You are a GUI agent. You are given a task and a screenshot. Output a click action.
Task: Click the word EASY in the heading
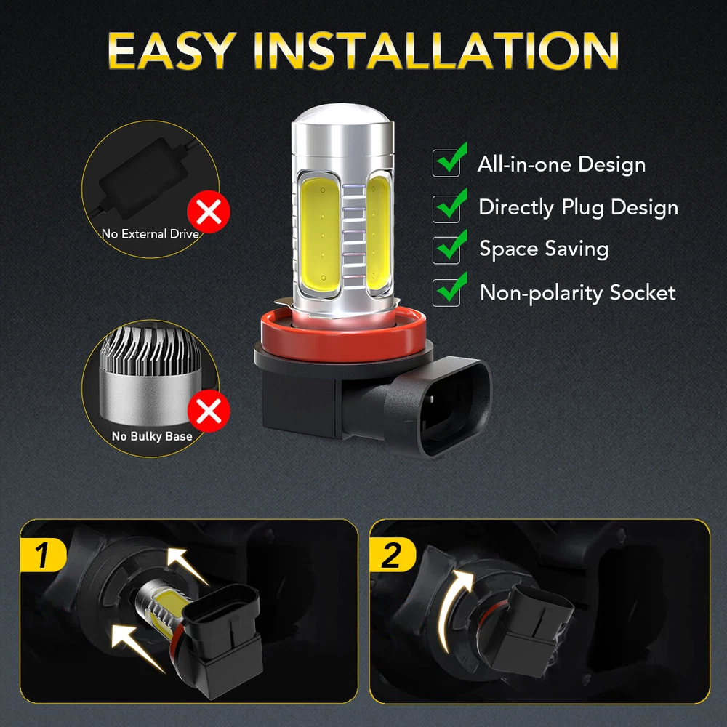click(x=172, y=51)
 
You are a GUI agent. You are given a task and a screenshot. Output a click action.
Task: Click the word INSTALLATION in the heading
click(x=435, y=51)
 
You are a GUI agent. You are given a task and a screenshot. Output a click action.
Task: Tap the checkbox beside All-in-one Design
click(x=446, y=163)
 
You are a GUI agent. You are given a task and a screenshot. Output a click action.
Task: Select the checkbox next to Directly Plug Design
click(x=446, y=209)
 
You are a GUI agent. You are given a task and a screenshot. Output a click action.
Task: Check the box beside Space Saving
click(x=446, y=250)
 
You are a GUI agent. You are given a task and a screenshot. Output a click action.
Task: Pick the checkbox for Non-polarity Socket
click(x=446, y=292)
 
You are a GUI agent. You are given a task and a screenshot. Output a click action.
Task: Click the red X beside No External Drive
click(x=209, y=212)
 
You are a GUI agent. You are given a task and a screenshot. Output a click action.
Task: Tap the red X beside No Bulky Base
click(x=209, y=411)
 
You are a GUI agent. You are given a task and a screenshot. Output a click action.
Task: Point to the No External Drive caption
click(x=150, y=233)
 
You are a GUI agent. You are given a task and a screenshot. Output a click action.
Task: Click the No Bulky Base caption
click(x=152, y=436)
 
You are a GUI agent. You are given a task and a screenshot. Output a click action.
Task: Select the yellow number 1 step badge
click(x=43, y=555)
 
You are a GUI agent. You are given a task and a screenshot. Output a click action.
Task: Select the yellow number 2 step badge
click(x=393, y=555)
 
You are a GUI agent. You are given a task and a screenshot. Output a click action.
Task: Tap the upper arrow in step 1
click(x=187, y=566)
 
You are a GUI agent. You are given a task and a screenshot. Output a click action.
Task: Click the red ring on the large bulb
click(x=343, y=336)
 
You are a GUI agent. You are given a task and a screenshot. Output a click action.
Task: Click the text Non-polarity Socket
click(x=578, y=292)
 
